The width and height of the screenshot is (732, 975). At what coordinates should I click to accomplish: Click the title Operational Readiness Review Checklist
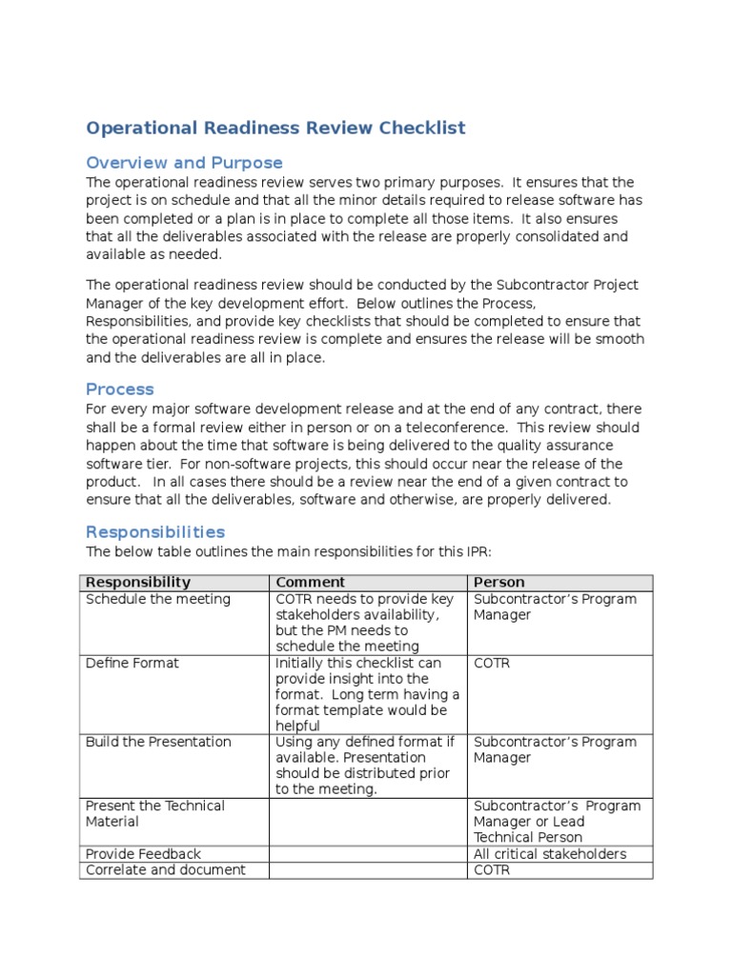[275, 129]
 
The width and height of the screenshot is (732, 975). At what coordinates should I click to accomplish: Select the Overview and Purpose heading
[184, 163]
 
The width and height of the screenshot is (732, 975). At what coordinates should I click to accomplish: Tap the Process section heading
[120, 389]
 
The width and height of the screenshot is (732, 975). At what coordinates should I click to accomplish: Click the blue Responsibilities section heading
[155, 532]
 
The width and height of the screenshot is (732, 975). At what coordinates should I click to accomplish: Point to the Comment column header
[310, 583]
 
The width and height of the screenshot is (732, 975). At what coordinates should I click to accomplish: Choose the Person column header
[498, 583]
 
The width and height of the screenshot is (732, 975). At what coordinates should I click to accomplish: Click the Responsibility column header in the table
[138, 583]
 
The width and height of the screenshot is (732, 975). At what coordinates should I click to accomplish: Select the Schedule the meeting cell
[158, 600]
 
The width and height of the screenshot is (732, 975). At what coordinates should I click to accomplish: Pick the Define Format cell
[132, 663]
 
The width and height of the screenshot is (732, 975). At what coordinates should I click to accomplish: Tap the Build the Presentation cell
[158, 742]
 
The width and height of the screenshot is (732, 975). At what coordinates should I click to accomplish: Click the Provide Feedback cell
[143, 854]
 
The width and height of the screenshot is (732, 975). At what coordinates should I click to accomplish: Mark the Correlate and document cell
[166, 870]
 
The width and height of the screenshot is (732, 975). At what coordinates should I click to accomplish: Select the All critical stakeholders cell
[550, 854]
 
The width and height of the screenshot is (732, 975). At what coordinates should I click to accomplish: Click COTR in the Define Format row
[492, 663]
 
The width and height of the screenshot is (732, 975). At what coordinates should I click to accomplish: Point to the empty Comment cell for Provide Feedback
[368, 854]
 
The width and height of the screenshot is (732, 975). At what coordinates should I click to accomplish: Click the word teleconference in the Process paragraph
[414, 428]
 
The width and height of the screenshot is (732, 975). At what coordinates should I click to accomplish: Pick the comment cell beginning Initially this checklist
[367, 694]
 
